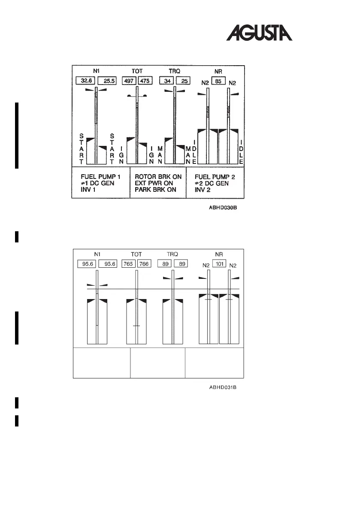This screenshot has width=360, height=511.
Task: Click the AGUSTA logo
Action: tap(259, 33)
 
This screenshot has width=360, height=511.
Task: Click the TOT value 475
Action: tap(144, 81)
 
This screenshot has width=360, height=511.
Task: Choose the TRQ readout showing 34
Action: tap(166, 81)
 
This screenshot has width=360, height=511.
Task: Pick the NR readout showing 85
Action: tap(218, 80)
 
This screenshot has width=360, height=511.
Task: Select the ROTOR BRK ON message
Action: tap(158, 177)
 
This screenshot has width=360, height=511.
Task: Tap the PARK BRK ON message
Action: tap(155, 190)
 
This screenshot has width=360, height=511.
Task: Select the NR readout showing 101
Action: tap(218, 264)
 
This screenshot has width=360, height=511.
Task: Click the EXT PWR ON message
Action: tap(153, 183)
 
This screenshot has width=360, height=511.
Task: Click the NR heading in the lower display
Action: tap(218, 254)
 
